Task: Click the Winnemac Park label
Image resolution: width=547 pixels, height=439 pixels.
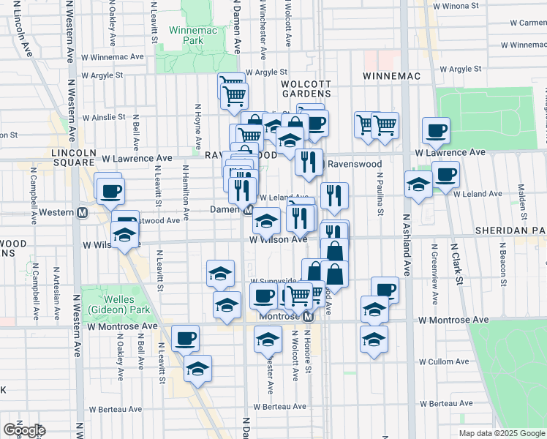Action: [185, 36]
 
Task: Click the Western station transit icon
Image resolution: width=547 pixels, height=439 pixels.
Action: [83, 212]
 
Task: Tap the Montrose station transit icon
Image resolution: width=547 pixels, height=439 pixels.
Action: [309, 316]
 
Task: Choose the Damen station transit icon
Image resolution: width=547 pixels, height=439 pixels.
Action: [248, 210]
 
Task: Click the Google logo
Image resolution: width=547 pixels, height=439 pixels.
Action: [23, 429]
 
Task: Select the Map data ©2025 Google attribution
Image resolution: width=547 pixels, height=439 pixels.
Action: [501, 433]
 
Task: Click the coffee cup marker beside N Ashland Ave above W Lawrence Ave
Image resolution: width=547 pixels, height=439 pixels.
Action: [436, 130]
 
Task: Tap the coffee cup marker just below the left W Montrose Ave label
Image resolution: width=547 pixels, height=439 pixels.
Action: [186, 337]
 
